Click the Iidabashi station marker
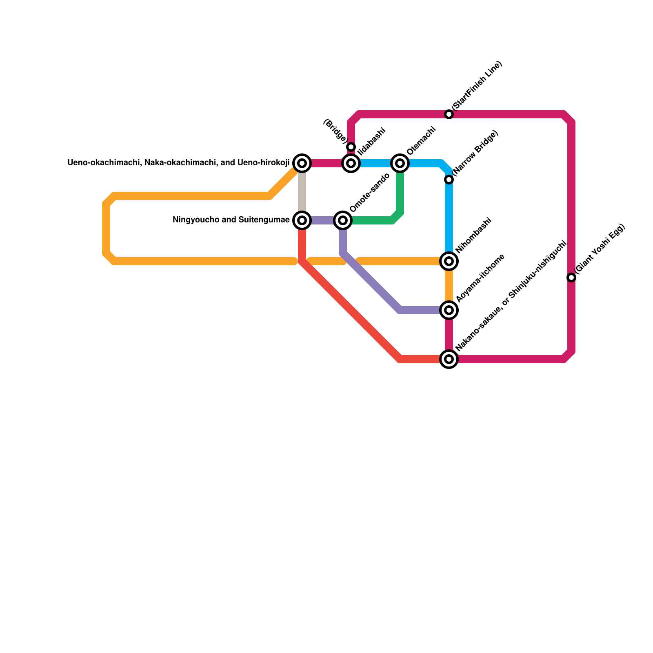pos(351,163)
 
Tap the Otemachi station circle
pos(400,163)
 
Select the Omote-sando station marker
pos(343,220)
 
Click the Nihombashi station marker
pos(449,261)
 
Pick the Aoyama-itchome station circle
pos(449,310)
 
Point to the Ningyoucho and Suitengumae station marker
pos(302,220)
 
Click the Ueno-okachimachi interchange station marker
pos(302,163)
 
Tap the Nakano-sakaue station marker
pos(449,359)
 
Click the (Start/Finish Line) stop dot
pos(449,114)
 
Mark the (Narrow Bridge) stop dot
pos(449,180)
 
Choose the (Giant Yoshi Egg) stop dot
pos(571,278)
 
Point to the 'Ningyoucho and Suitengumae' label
pos(231,220)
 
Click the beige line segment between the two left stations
pos(302,192)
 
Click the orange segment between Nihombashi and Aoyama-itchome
pos(449,286)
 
